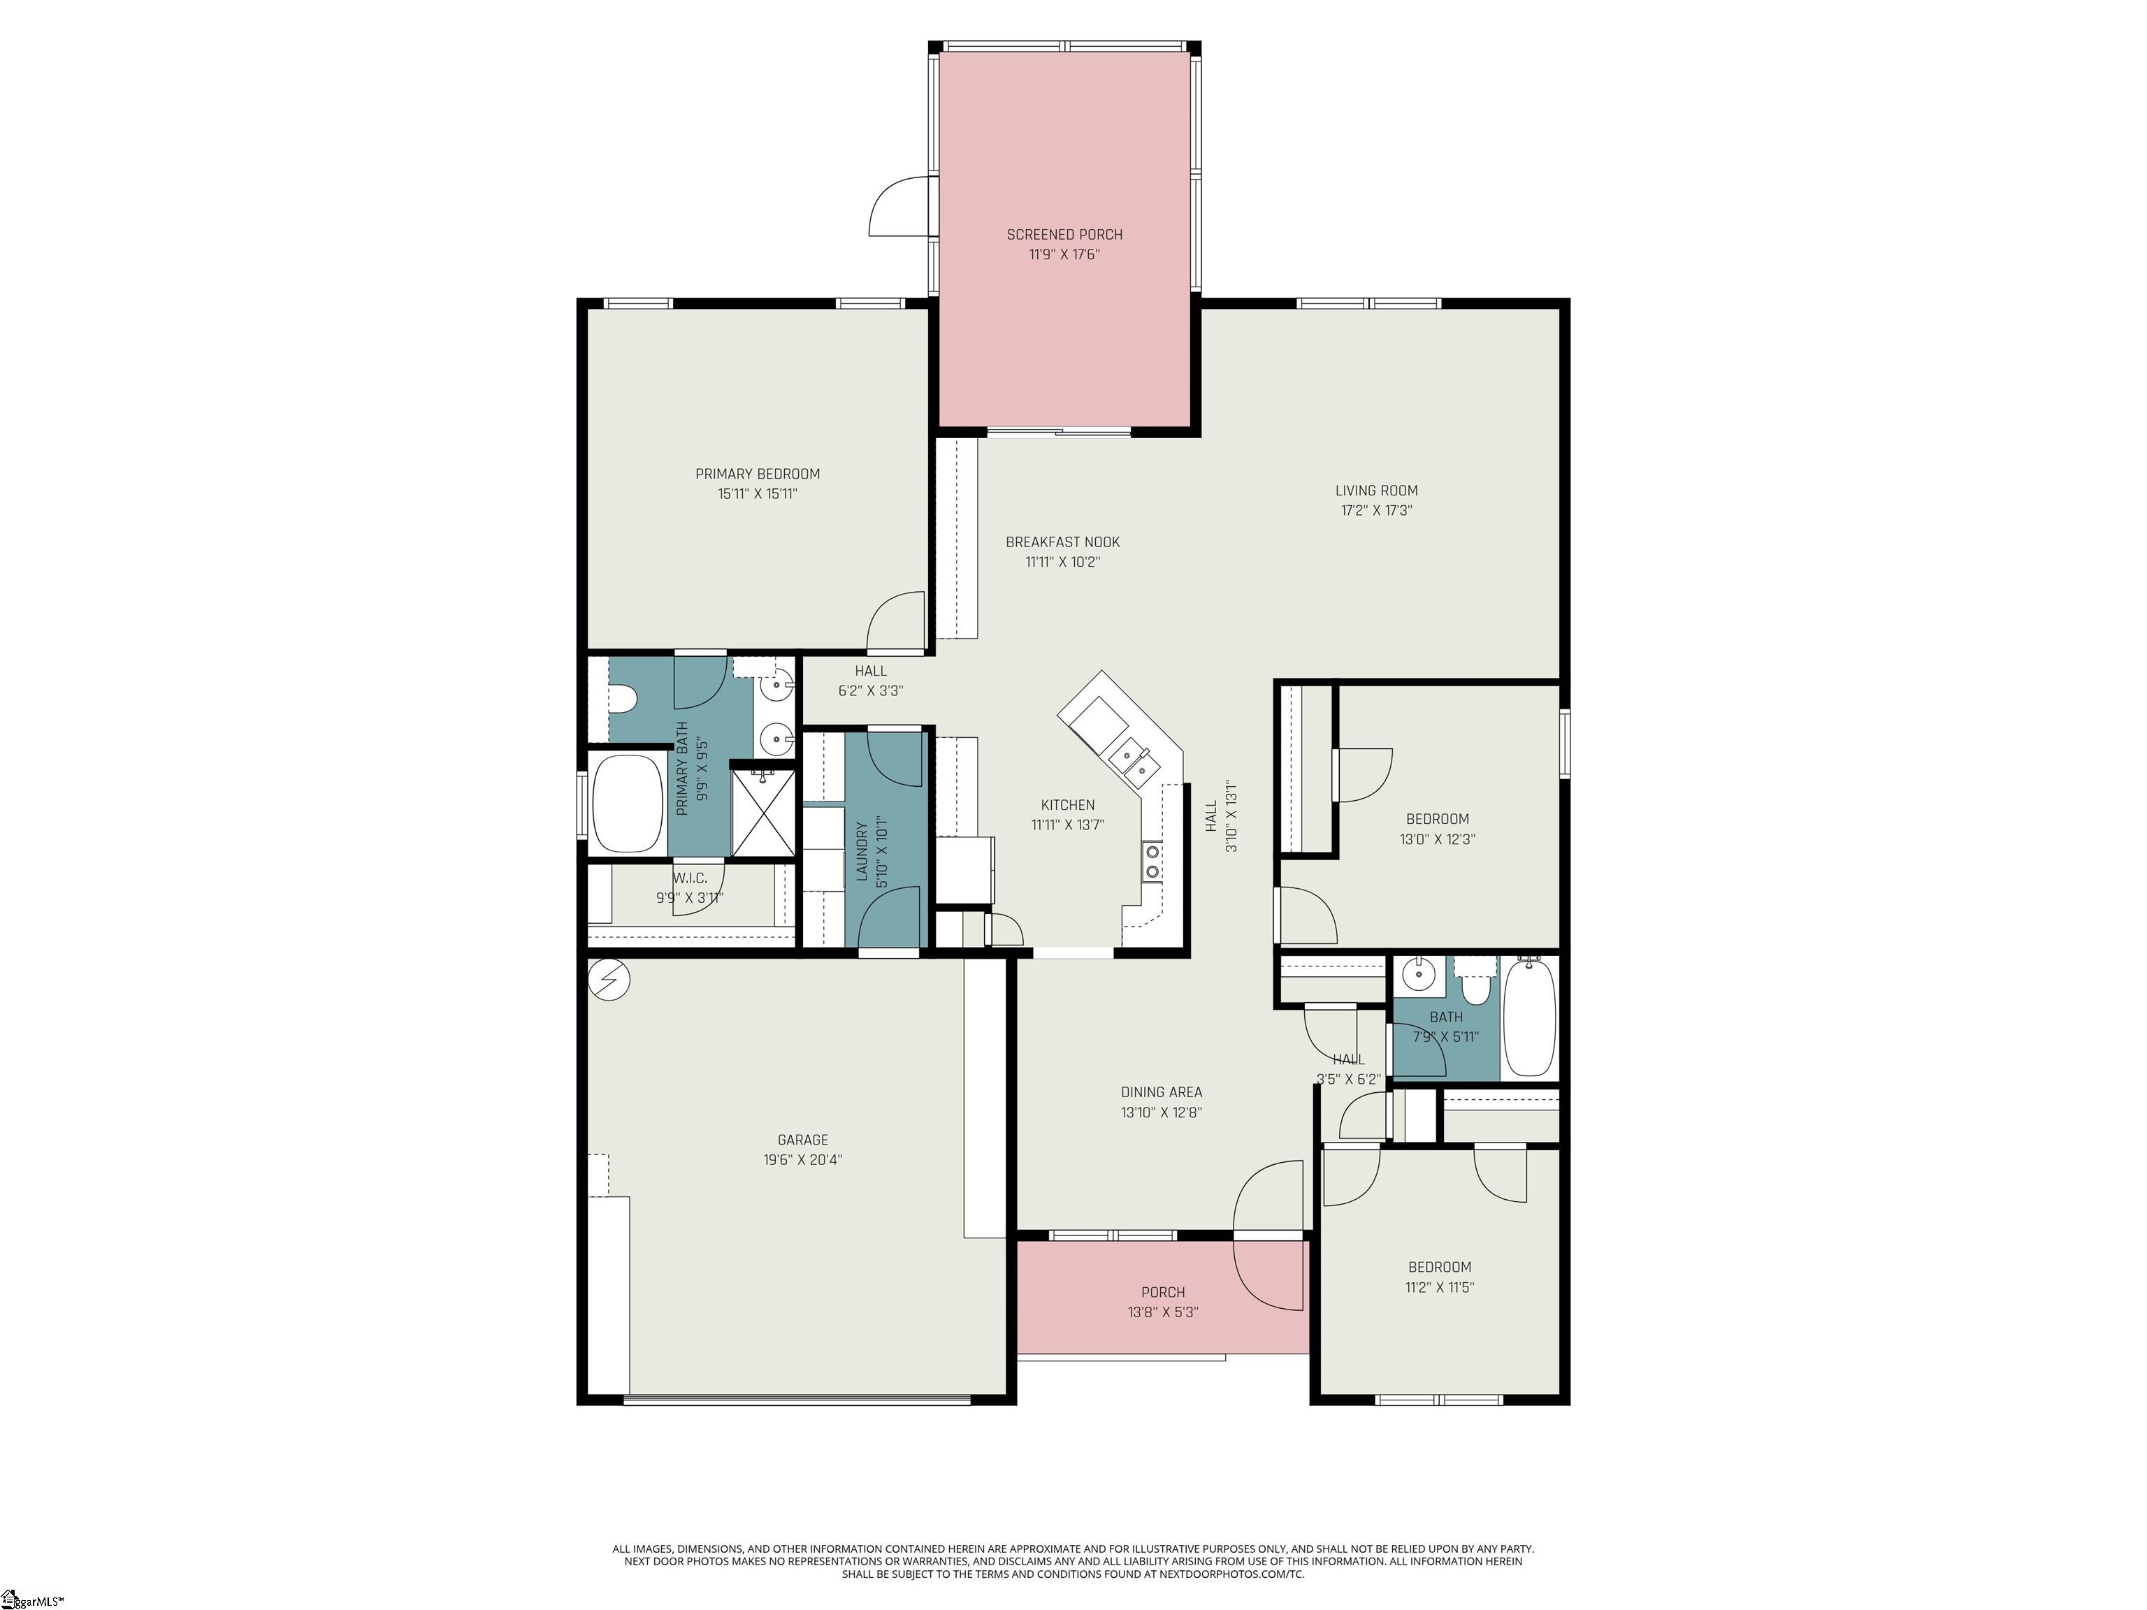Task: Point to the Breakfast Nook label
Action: pyautogui.click(x=1063, y=542)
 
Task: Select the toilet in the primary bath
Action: pyautogui.click(x=621, y=699)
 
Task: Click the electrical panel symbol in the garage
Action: pyautogui.click(x=609, y=980)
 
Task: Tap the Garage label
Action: pyautogui.click(x=803, y=1139)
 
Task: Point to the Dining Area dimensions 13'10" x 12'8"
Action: pyautogui.click(x=1162, y=1113)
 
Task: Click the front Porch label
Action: pyautogui.click(x=1163, y=1291)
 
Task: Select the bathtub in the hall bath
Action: pyautogui.click(x=1530, y=1016)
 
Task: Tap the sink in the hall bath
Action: pyautogui.click(x=1419, y=971)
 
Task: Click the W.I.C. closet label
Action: pyautogui.click(x=689, y=878)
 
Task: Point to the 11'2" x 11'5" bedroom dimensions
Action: pyautogui.click(x=1440, y=1288)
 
